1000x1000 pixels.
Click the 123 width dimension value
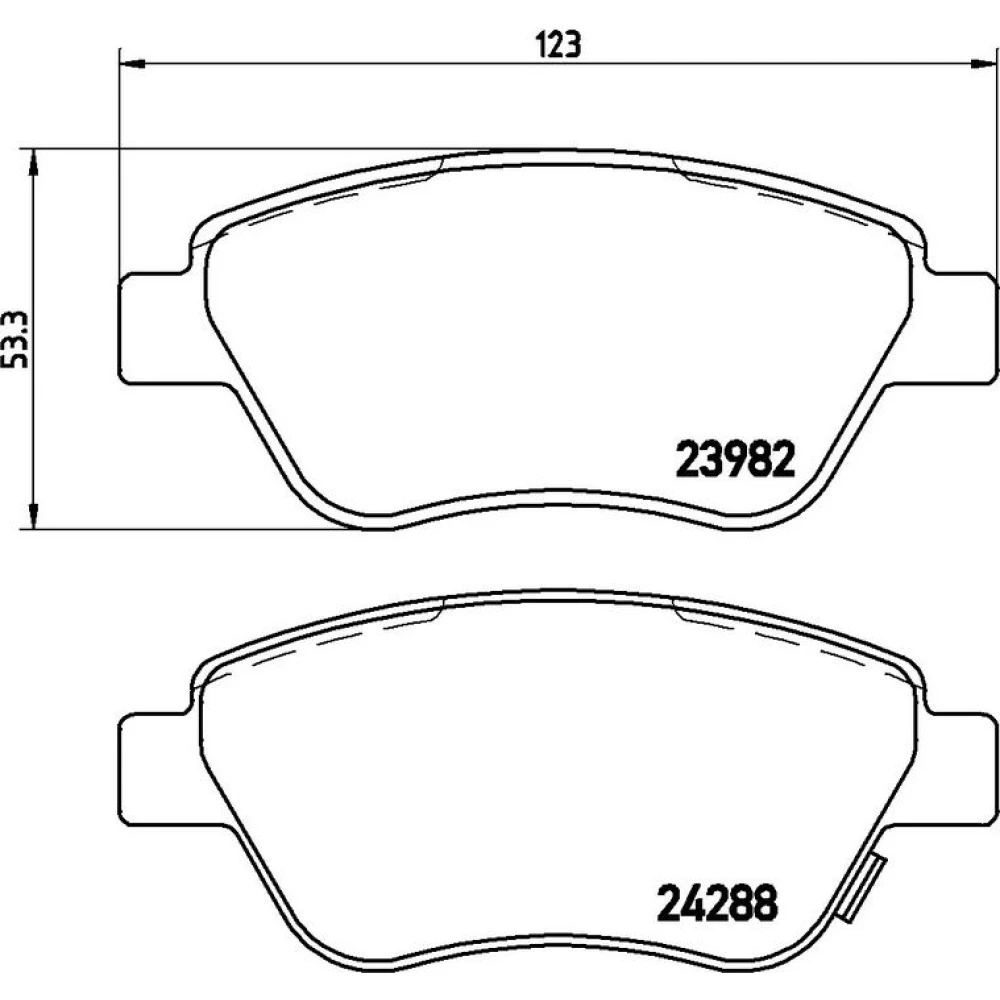pyautogui.click(x=559, y=45)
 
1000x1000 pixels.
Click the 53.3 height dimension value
pyautogui.click(x=17, y=339)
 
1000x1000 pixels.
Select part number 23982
pyautogui.click(x=735, y=459)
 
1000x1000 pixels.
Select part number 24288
pyautogui.click(x=717, y=902)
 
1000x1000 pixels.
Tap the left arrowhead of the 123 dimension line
pyautogui.click(x=132, y=63)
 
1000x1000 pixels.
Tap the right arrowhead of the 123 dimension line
pyautogui.click(x=983, y=63)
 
